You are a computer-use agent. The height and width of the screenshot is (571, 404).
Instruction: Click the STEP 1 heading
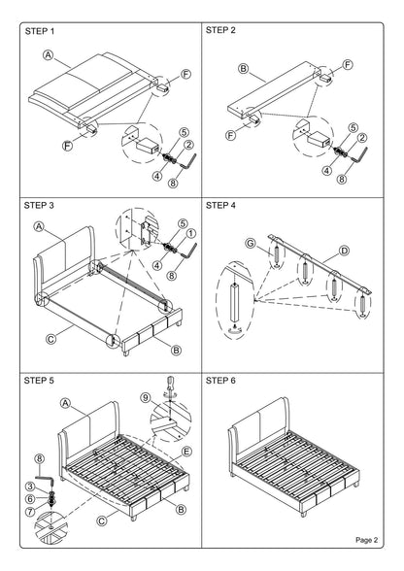tap(40, 31)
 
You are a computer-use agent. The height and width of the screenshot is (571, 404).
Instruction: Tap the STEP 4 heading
tap(220, 206)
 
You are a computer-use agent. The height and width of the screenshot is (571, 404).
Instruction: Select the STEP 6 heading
tap(220, 381)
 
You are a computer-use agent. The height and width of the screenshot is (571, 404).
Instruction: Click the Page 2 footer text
tap(367, 540)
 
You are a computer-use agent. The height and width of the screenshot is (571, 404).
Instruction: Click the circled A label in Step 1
tap(49, 55)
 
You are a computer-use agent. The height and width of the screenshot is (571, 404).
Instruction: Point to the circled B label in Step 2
tap(244, 68)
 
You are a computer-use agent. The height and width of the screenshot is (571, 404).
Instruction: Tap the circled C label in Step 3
tap(51, 339)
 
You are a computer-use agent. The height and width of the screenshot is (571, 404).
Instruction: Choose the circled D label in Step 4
tap(344, 251)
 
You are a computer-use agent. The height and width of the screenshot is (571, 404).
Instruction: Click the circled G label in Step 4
tap(251, 243)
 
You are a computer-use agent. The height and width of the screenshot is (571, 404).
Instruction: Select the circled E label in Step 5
tap(186, 452)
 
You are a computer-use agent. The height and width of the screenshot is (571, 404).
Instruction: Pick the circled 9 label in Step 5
tap(146, 398)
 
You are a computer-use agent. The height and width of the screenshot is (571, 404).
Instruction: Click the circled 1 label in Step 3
tap(191, 233)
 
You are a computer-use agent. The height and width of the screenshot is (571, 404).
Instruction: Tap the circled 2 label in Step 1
tap(188, 145)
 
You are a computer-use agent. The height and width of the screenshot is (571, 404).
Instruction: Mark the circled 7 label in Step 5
tap(30, 512)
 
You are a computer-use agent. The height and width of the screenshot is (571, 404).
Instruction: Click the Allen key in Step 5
tap(46, 479)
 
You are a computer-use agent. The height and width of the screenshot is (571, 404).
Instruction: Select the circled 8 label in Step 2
tap(342, 179)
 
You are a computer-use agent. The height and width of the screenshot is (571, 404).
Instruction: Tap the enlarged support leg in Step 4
tap(235, 301)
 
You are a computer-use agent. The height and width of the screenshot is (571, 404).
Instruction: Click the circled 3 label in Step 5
tap(30, 487)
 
